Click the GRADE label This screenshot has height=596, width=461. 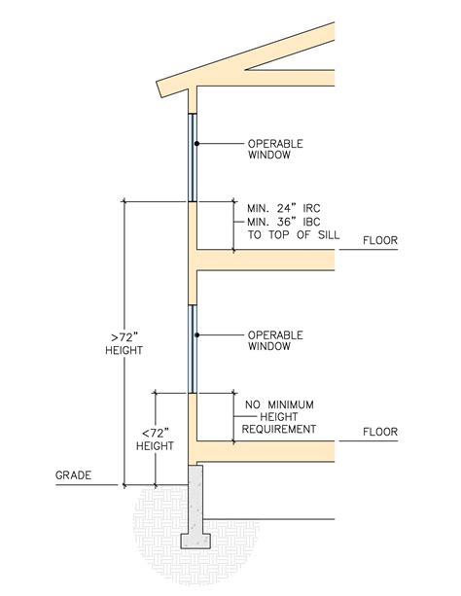pos(73,475)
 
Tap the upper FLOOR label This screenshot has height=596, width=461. pos(380,240)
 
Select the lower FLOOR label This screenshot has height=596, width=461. pos(380,432)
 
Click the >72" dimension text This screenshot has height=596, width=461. pos(124,337)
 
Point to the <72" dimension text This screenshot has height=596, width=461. pos(156,433)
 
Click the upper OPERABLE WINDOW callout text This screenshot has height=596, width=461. pos(275,150)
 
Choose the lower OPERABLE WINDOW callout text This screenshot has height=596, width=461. pos(275,340)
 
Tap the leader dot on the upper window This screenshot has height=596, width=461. pos(196,144)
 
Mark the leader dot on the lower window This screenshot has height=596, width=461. pos(196,334)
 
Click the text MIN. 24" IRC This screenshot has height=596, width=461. pos(284,208)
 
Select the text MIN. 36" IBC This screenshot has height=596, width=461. pos(284,222)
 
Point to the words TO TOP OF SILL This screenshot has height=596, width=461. pos(294,235)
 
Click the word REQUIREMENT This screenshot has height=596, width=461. pos(279,429)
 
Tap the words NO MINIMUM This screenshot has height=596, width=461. pos(279,404)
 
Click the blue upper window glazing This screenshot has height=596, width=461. pos(193,158)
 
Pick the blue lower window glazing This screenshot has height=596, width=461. pos(193,349)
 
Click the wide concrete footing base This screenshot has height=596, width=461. pos(195,541)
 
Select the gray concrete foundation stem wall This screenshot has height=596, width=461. pos(195,499)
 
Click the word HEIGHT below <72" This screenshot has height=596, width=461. pos(155,446)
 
